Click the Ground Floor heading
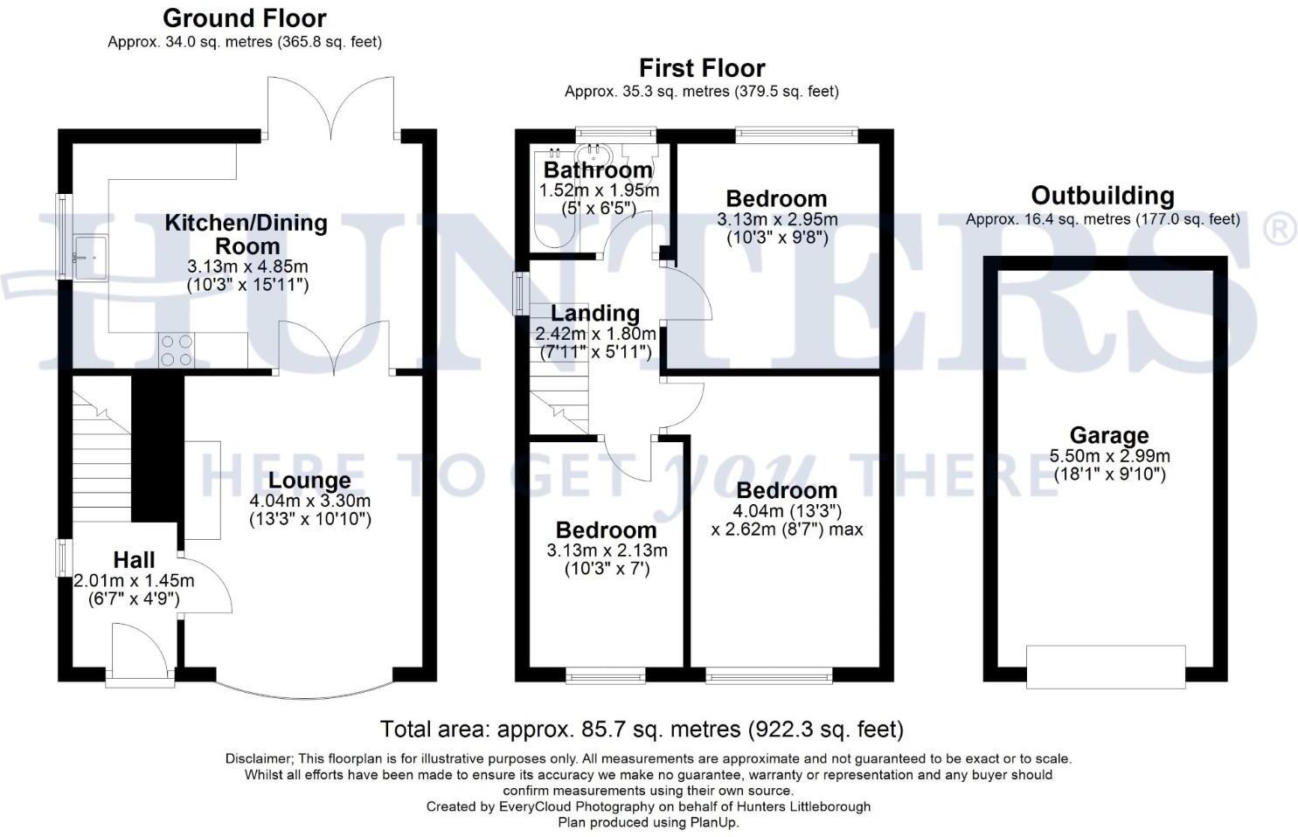[245, 18]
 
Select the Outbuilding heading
[1102, 196]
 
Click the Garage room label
[1108, 435]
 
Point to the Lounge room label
[309, 481]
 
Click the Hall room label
[134, 560]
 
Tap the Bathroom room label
[598, 169]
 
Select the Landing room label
[595, 313]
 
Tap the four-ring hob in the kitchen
[177, 350]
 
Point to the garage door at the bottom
[1106, 668]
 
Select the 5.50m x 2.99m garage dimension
[1109, 456]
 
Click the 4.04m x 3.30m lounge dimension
[309, 501]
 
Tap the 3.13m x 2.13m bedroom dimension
[607, 550]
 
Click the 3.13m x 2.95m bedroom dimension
[777, 219]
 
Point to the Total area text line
[642, 729]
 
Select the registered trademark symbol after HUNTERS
[1279, 229]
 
